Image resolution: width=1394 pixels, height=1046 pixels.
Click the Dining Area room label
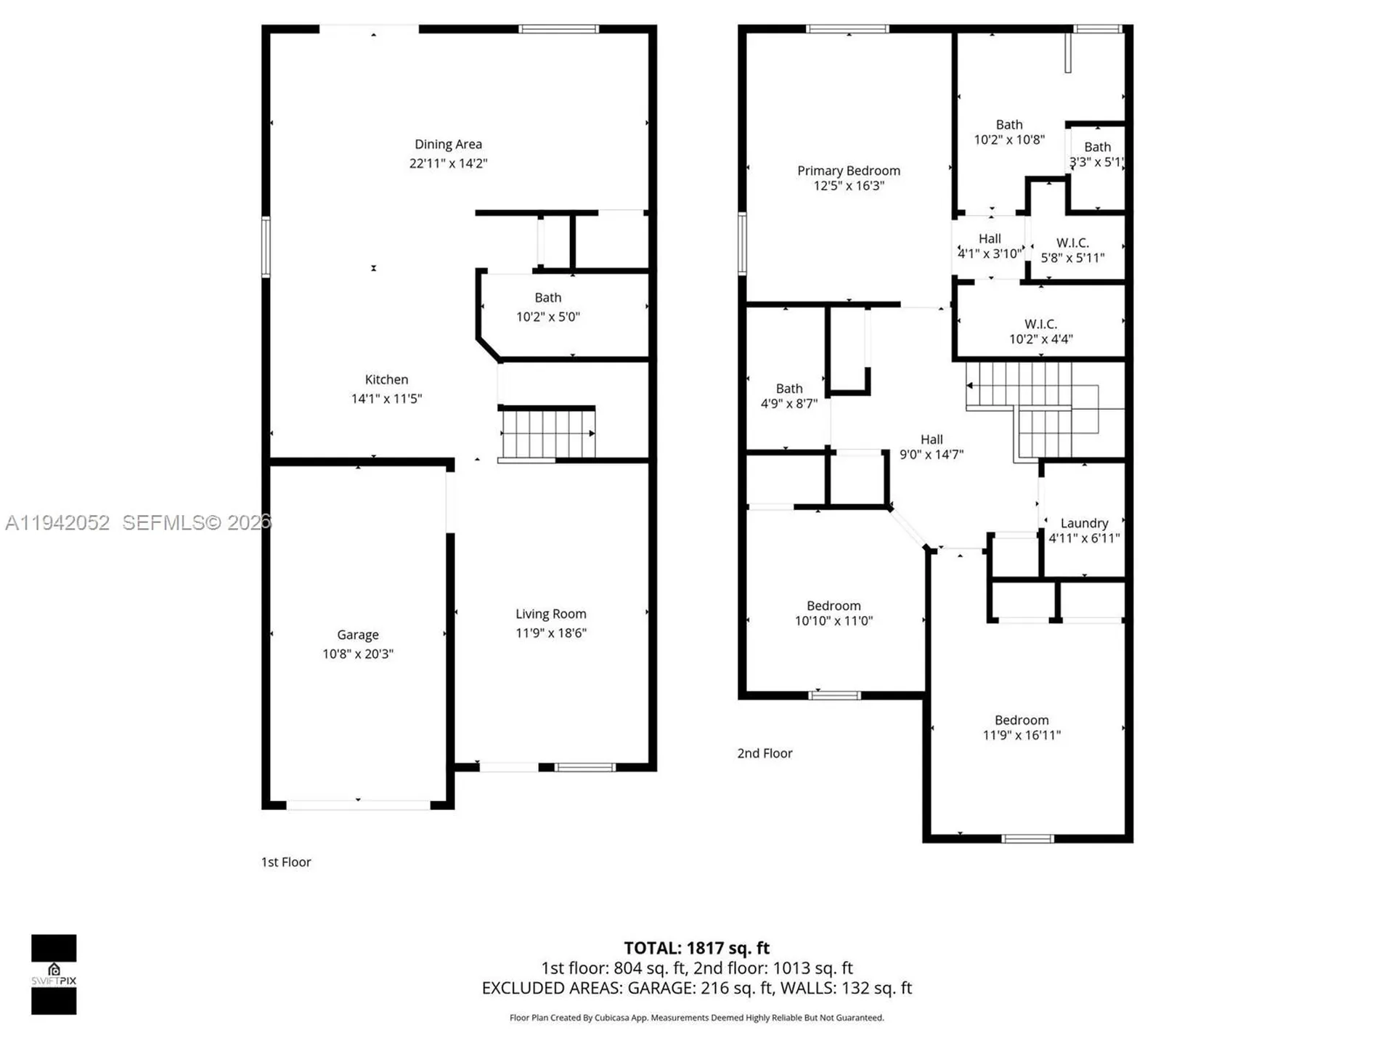(448, 145)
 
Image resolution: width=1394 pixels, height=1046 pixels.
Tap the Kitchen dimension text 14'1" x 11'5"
(386, 399)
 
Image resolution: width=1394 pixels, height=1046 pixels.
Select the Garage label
(357, 635)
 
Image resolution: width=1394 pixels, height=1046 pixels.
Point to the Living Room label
(550, 615)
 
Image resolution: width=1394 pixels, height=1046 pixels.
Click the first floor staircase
(547, 434)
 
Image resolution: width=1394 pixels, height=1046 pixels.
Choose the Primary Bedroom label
(848, 171)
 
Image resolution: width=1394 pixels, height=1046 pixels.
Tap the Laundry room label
(1084, 523)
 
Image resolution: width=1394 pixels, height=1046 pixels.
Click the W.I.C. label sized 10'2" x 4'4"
(1040, 324)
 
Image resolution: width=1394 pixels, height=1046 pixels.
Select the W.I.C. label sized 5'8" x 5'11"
(1072, 243)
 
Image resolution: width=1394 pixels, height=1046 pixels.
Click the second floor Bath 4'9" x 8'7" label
(789, 389)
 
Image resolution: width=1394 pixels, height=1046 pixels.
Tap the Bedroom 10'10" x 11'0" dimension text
(833, 621)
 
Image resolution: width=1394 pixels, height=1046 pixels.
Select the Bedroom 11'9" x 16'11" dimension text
(1022, 735)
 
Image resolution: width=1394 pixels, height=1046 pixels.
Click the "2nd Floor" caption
(765, 753)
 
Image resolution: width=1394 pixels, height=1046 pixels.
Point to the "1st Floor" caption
(286, 862)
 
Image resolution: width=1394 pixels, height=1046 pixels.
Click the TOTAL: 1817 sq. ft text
(696, 948)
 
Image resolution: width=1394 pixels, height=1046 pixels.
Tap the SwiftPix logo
(54, 974)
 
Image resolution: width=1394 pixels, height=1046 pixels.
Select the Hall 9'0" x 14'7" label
(932, 439)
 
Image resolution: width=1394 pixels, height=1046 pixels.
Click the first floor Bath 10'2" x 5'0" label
(547, 298)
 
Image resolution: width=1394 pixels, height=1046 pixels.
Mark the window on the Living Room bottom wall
(584, 767)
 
